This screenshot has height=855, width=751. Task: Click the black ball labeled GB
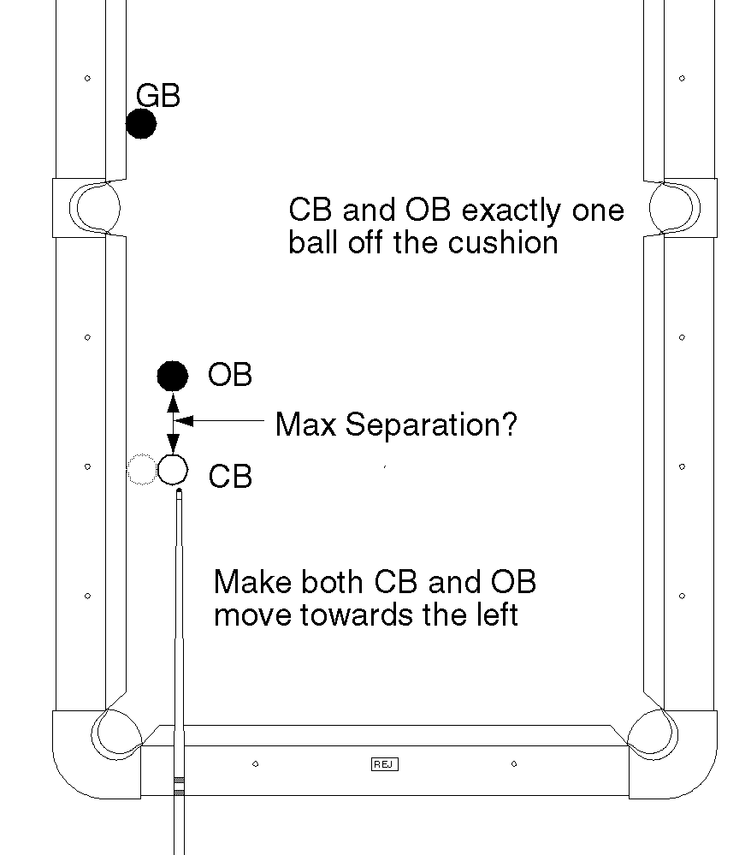point(141,124)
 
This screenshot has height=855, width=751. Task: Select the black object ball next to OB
point(173,375)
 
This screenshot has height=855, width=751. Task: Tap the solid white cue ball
point(173,469)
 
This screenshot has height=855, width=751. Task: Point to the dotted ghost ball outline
point(141,470)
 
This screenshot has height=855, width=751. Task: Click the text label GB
point(158,96)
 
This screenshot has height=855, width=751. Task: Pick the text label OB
point(230,375)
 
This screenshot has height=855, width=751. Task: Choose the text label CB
point(230,477)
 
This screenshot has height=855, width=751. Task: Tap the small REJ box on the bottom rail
point(385,763)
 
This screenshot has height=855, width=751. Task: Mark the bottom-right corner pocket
point(653,734)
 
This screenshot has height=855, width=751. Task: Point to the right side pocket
point(673,207)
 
